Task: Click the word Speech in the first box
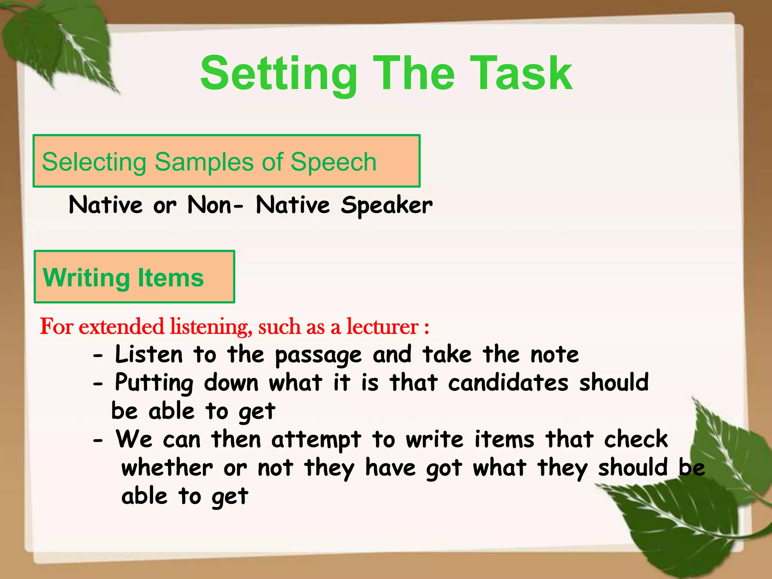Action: [x=333, y=162]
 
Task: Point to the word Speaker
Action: [x=386, y=205]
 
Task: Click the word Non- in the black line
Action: [x=215, y=205]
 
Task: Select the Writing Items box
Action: [x=134, y=277]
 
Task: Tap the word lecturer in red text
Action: [x=382, y=326]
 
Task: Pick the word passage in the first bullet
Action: [x=318, y=355]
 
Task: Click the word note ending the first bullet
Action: [x=554, y=355]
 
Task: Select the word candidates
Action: [x=508, y=383]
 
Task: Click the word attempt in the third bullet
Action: [x=316, y=440]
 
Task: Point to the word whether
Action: [x=167, y=468]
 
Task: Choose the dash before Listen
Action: [x=98, y=356]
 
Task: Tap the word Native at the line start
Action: [x=106, y=205]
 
